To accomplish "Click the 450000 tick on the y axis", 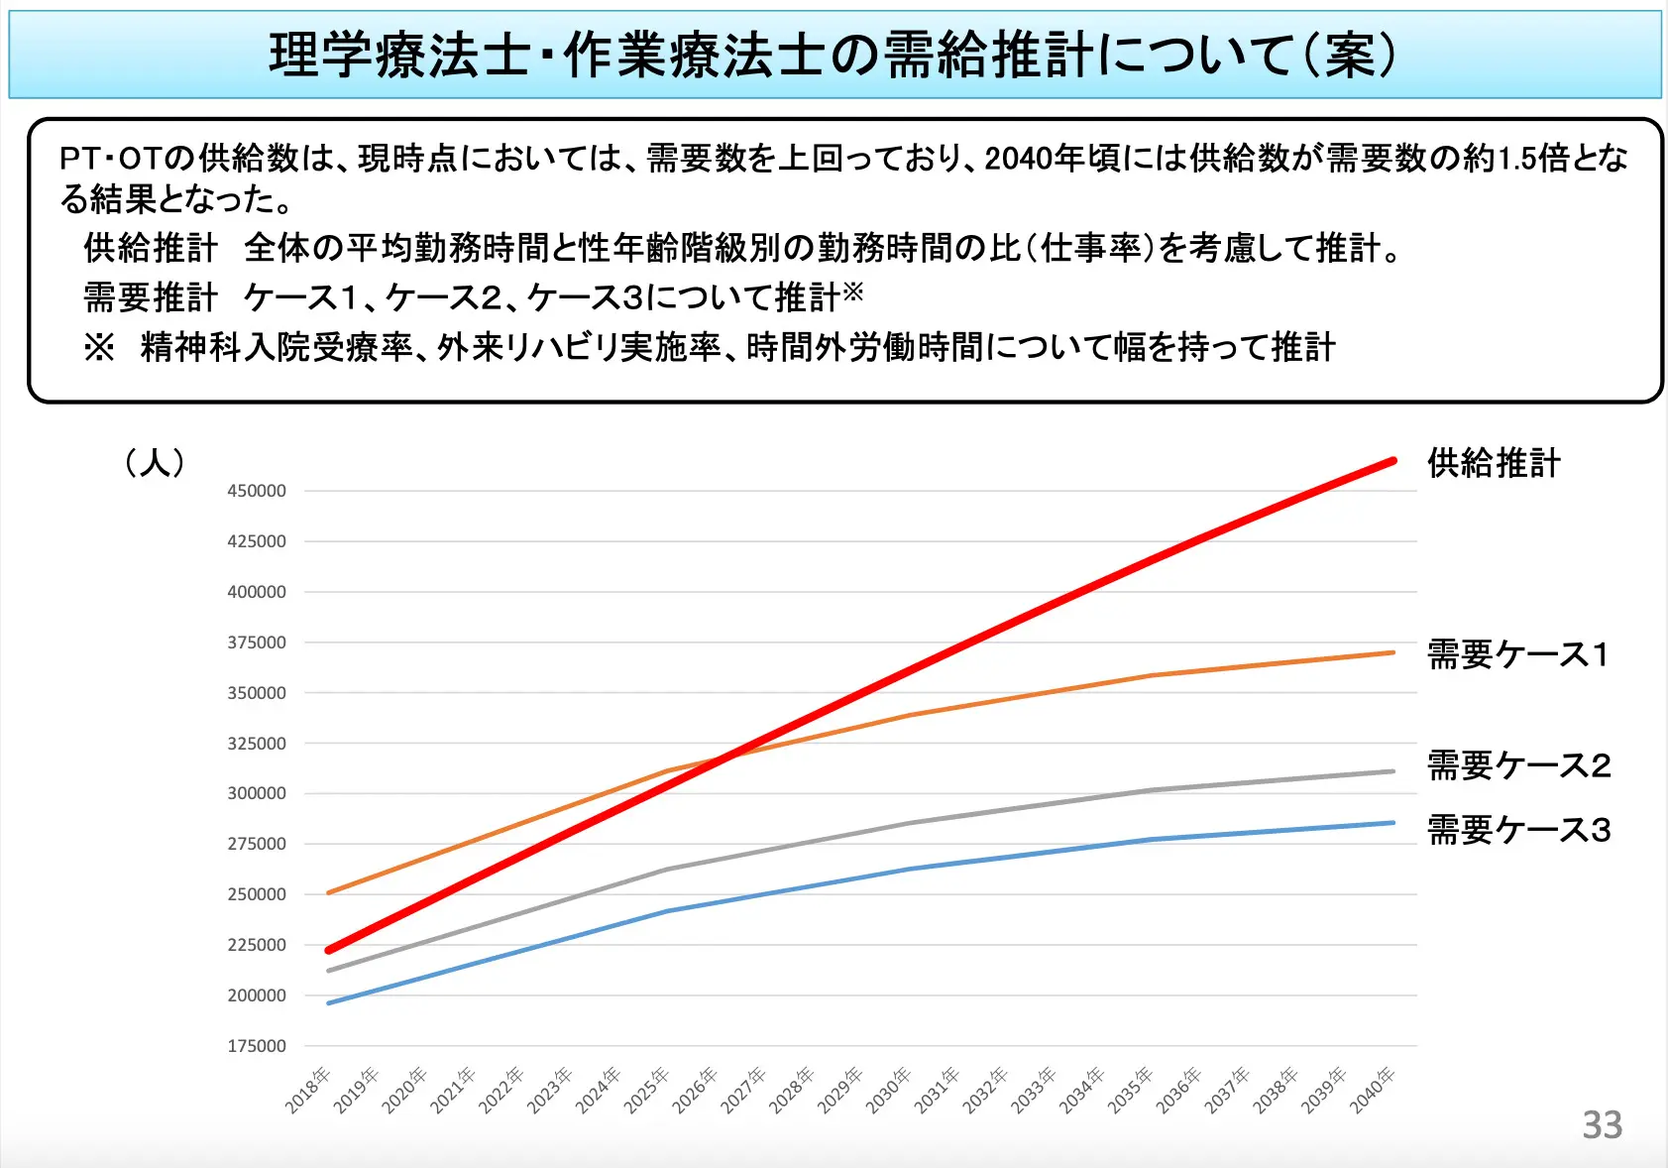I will click(x=257, y=491).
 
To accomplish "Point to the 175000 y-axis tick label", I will click(x=257, y=1046).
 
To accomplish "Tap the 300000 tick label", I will click(x=257, y=793).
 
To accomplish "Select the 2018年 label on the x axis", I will click(x=308, y=1090).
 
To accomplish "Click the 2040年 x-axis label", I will click(x=1373, y=1090).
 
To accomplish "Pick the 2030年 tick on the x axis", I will click(x=889, y=1090).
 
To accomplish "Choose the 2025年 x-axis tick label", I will click(x=647, y=1090).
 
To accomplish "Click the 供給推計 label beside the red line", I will click(x=1494, y=463).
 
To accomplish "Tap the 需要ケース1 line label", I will click(x=1517, y=654).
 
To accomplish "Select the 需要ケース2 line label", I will click(x=1518, y=765).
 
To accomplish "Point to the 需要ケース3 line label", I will click(x=1518, y=830).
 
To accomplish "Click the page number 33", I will click(x=1602, y=1125).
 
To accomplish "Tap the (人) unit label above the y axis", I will click(x=156, y=462).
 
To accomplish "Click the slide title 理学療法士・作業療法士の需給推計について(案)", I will click(x=834, y=55).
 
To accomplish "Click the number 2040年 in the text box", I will click(x=1035, y=159).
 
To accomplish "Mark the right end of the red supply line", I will click(x=1393, y=461).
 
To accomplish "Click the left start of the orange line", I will click(x=329, y=892).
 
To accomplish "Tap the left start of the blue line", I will click(x=329, y=1002).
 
